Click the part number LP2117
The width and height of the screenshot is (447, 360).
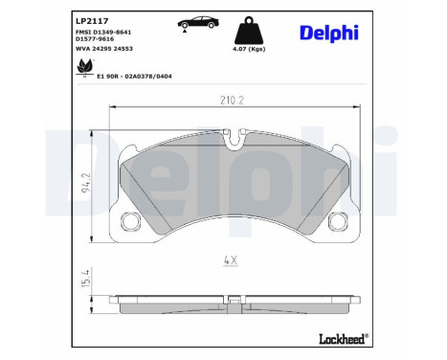click(90, 19)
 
